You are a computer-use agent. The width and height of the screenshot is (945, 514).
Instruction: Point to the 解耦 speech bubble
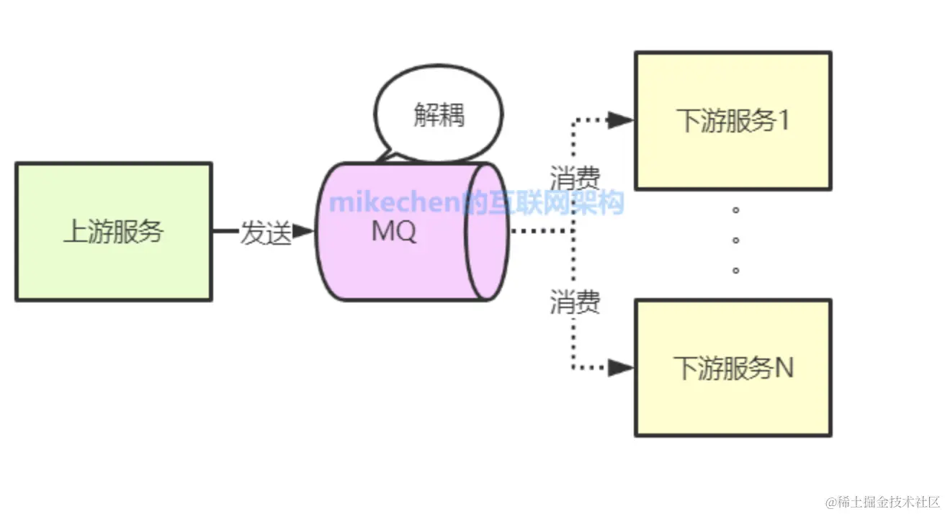coord(439,115)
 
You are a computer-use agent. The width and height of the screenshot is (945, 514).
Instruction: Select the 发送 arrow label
coord(265,233)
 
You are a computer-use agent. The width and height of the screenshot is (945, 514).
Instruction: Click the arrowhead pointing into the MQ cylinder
coord(305,232)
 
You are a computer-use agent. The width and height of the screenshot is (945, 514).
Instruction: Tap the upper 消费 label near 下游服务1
coord(575,178)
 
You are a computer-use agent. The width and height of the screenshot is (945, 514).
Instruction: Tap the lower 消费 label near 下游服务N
coord(575,302)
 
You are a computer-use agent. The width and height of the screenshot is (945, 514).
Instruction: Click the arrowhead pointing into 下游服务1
coord(619,120)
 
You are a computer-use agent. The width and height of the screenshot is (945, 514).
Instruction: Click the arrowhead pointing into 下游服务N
coord(619,368)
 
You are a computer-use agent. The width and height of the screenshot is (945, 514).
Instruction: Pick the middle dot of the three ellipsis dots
coord(735,240)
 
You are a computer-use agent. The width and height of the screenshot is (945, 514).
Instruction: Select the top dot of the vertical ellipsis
coord(735,209)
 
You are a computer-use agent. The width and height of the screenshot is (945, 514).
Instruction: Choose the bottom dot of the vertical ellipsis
coord(735,270)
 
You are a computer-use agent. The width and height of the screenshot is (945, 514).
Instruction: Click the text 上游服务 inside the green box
coord(113,232)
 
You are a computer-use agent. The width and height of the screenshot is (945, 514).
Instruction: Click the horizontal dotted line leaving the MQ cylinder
coord(540,232)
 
